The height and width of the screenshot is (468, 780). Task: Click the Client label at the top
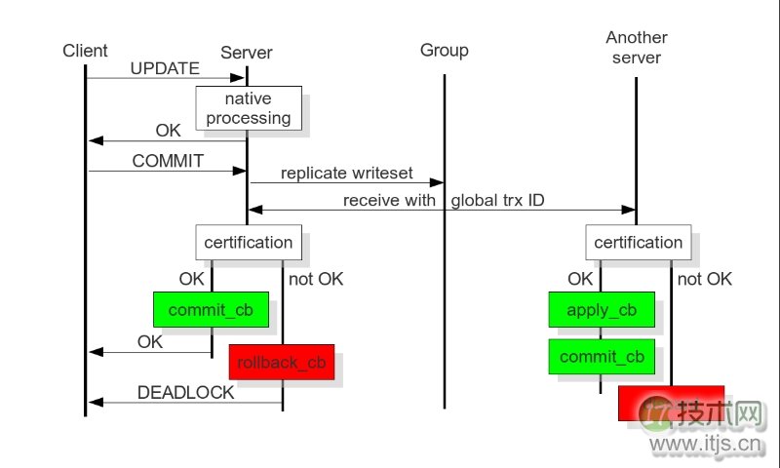[x=85, y=51]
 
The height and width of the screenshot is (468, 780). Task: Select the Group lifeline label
[x=445, y=51]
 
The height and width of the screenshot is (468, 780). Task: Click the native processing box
[x=248, y=108]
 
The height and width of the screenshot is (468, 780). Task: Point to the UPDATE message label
[x=165, y=69]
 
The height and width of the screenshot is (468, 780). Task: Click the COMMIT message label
[x=168, y=161]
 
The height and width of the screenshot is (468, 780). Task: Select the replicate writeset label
[x=347, y=174]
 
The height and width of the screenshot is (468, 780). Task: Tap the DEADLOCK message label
[x=185, y=393]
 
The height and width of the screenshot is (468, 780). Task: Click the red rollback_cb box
[x=282, y=362]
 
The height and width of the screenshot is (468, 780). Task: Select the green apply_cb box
[x=602, y=310]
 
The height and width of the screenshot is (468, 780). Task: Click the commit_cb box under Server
[x=212, y=310]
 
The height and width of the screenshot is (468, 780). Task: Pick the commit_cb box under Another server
[x=602, y=357]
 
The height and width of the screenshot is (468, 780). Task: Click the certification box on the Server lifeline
[x=248, y=242]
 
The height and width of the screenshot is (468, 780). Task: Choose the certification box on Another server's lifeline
[x=639, y=242]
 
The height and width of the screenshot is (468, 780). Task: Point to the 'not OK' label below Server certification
[x=316, y=280]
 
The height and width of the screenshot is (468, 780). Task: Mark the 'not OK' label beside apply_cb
[x=704, y=280]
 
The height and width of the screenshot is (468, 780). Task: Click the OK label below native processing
[x=169, y=131]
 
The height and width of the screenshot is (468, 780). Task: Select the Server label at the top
[x=247, y=53]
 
